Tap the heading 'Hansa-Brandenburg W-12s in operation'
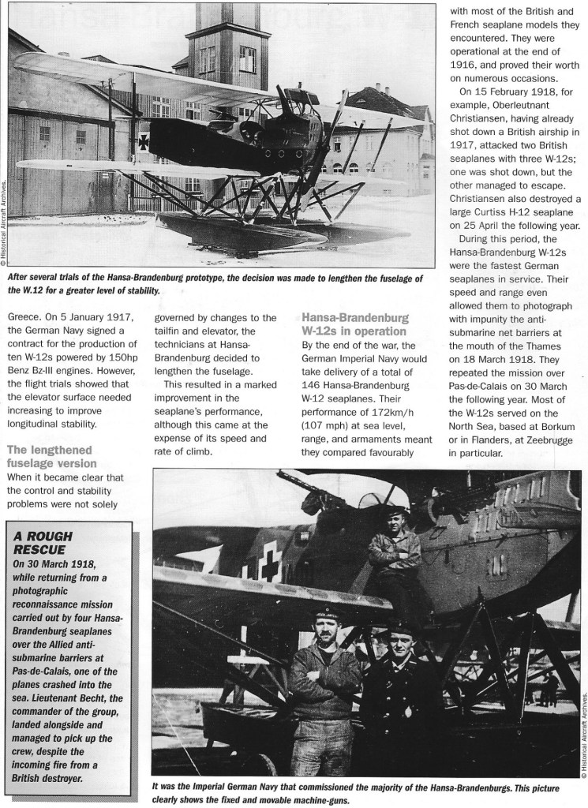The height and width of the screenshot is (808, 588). (x=355, y=324)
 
